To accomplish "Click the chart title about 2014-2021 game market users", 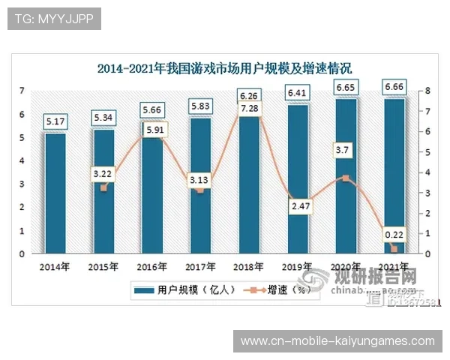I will click(224, 68).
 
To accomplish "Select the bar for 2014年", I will click(55, 195).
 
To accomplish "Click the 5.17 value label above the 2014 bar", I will click(55, 120).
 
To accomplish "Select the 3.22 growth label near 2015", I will click(103, 173).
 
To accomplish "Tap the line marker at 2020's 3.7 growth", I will click(346, 178).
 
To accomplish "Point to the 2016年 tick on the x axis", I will click(151, 266).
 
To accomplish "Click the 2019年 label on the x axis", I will click(297, 266).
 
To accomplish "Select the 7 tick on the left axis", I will click(22, 91).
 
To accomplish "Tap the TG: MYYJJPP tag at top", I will click(53, 19).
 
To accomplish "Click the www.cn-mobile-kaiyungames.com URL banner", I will click(337, 340).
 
